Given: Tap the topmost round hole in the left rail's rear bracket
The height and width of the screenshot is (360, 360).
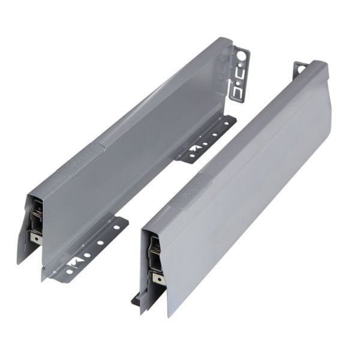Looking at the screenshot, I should [x=241, y=56].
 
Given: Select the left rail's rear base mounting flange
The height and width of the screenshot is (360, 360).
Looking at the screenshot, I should [x=206, y=139].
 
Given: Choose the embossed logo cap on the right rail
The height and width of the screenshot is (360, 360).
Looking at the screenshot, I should [x=191, y=187].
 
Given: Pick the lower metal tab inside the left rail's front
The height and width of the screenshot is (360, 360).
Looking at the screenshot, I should [x=37, y=237].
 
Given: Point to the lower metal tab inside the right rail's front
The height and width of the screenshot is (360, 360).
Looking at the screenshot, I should [x=157, y=277].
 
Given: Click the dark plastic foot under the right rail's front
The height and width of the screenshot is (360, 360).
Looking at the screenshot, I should [x=137, y=298].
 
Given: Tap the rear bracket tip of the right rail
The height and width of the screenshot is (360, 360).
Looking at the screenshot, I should [x=301, y=67].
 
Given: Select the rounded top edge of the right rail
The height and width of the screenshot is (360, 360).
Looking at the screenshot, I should [x=252, y=120].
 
